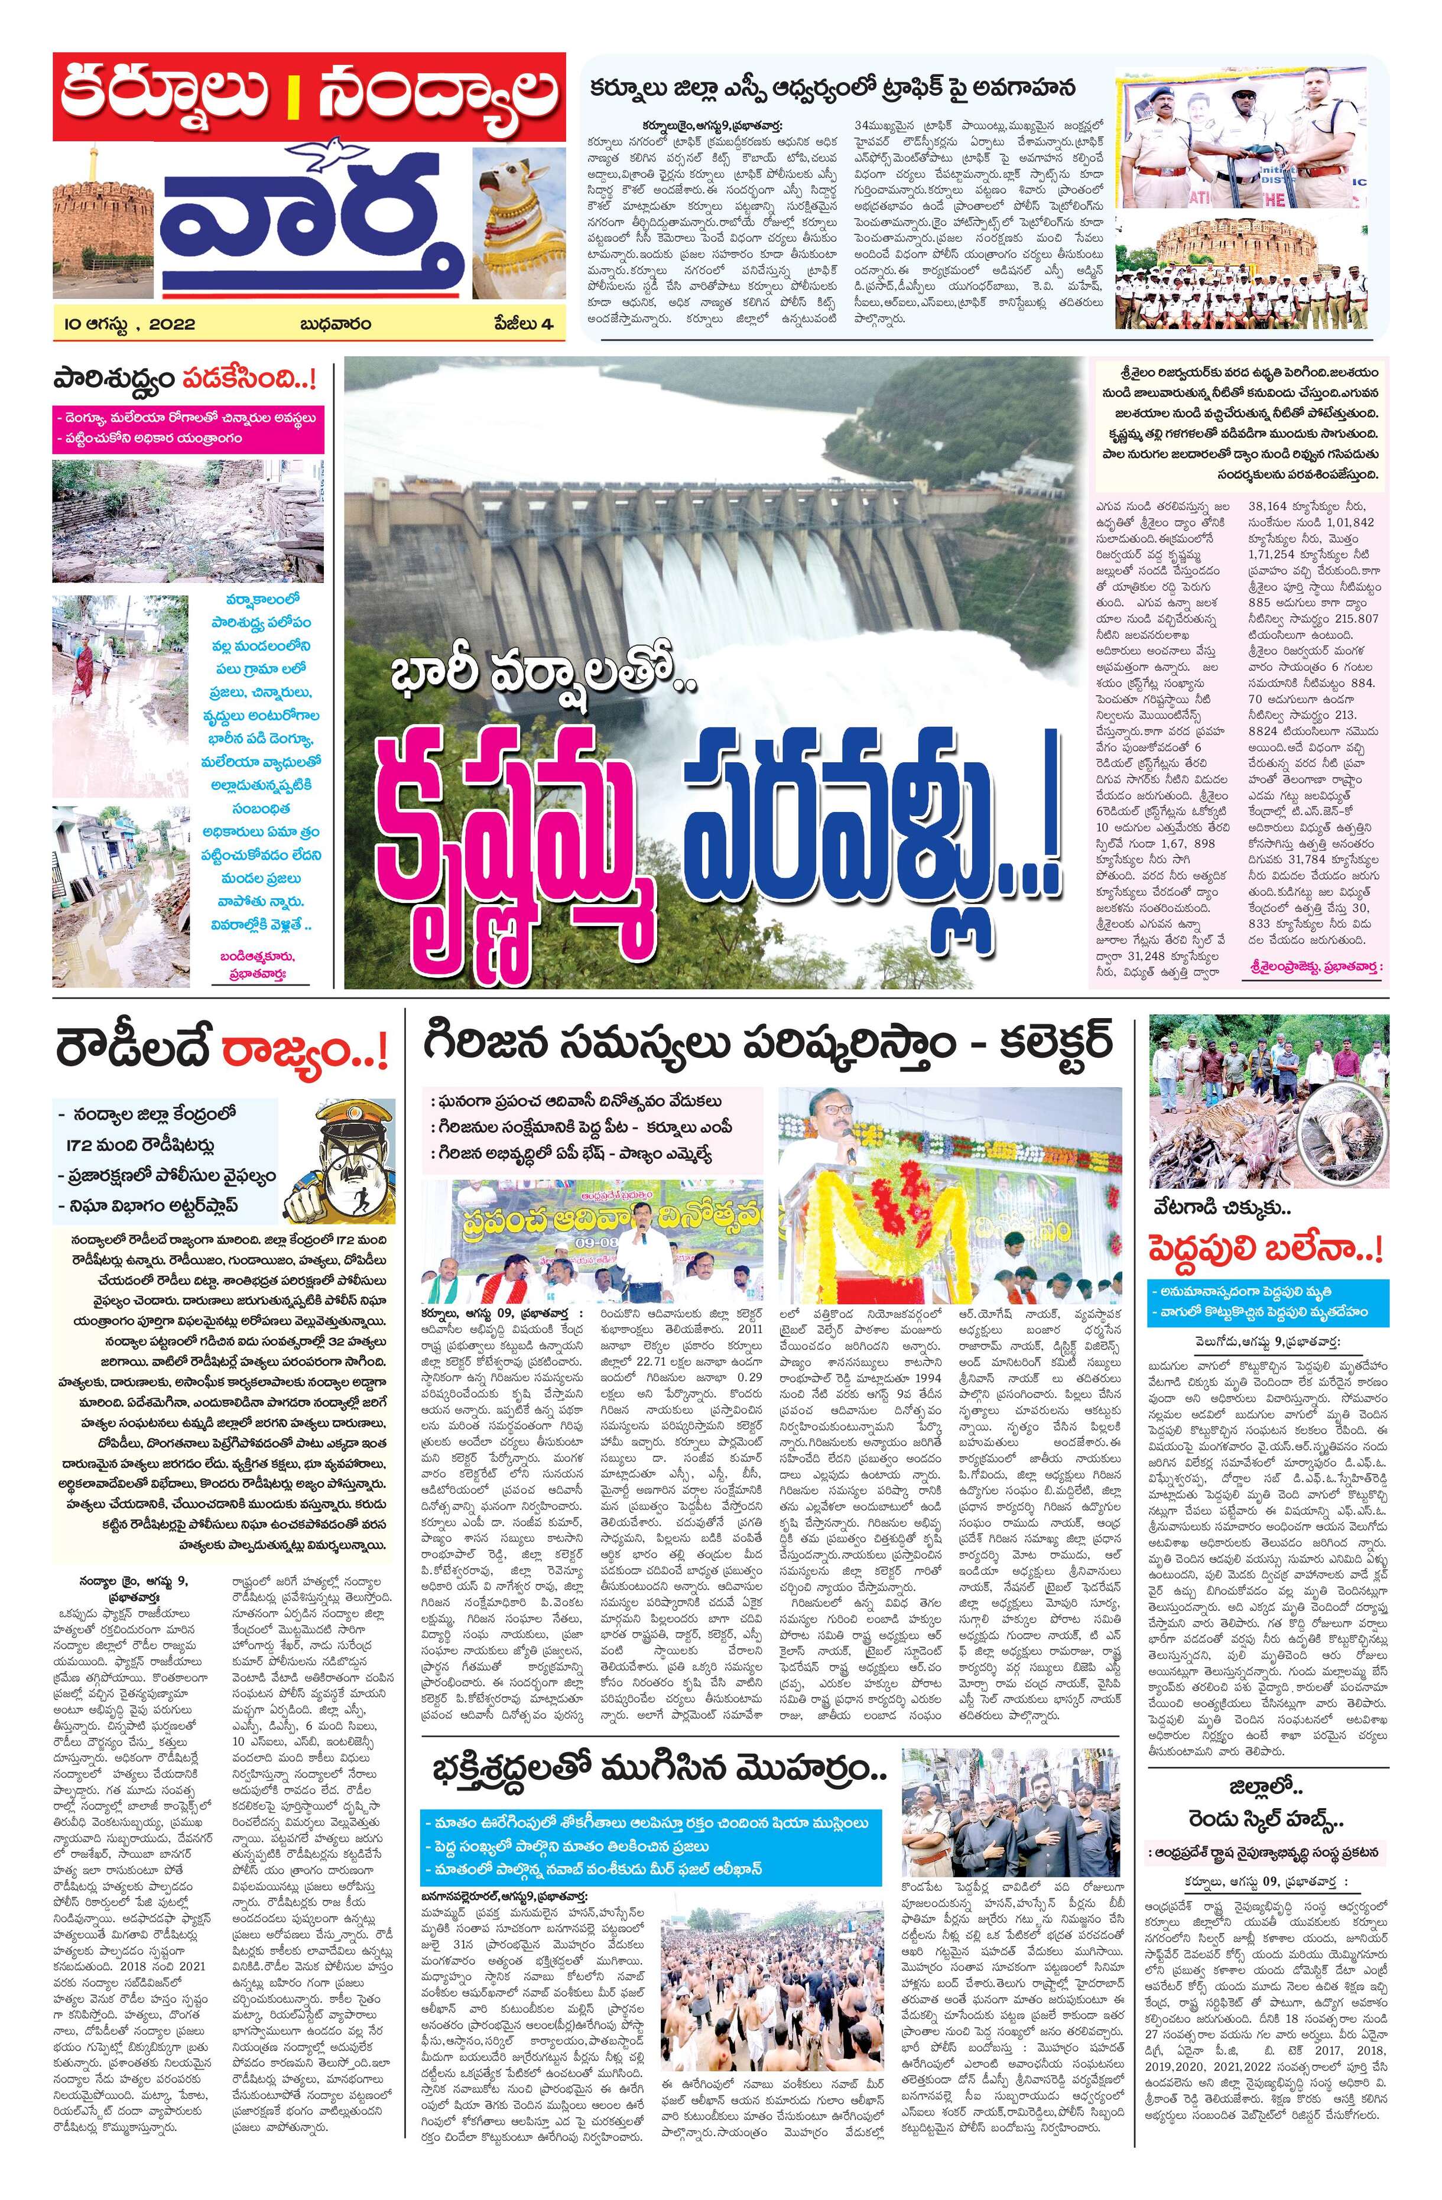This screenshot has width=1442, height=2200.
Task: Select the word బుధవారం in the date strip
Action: click(334, 324)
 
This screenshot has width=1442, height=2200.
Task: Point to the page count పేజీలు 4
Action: click(522, 324)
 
